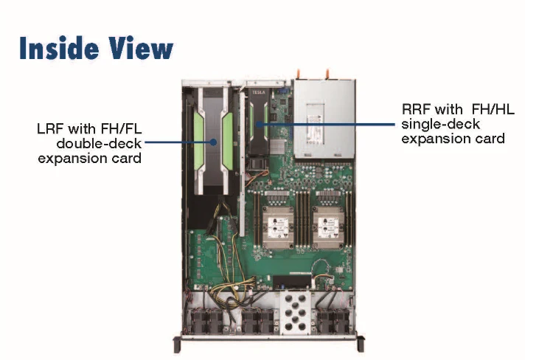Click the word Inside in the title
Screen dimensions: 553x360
click(59, 48)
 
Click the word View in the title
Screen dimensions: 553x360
click(141, 48)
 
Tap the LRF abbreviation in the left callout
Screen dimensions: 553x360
click(50, 129)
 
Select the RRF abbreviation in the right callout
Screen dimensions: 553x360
click(415, 109)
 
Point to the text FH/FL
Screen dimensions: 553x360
click(121, 129)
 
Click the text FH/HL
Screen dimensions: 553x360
click(493, 109)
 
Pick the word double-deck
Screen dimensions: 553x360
click(99, 144)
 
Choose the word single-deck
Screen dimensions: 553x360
click(441, 124)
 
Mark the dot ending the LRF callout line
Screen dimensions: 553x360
click(213, 142)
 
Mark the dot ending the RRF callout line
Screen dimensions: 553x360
click(259, 124)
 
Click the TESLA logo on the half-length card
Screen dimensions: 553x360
click(259, 92)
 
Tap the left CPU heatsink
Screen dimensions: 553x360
click(278, 227)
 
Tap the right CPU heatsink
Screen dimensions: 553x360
click(328, 227)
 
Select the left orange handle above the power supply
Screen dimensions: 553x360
click(299, 74)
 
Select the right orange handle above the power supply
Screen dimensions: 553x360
click(327, 74)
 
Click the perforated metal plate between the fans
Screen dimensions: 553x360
click(296, 313)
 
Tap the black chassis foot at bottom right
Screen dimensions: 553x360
click(361, 344)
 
